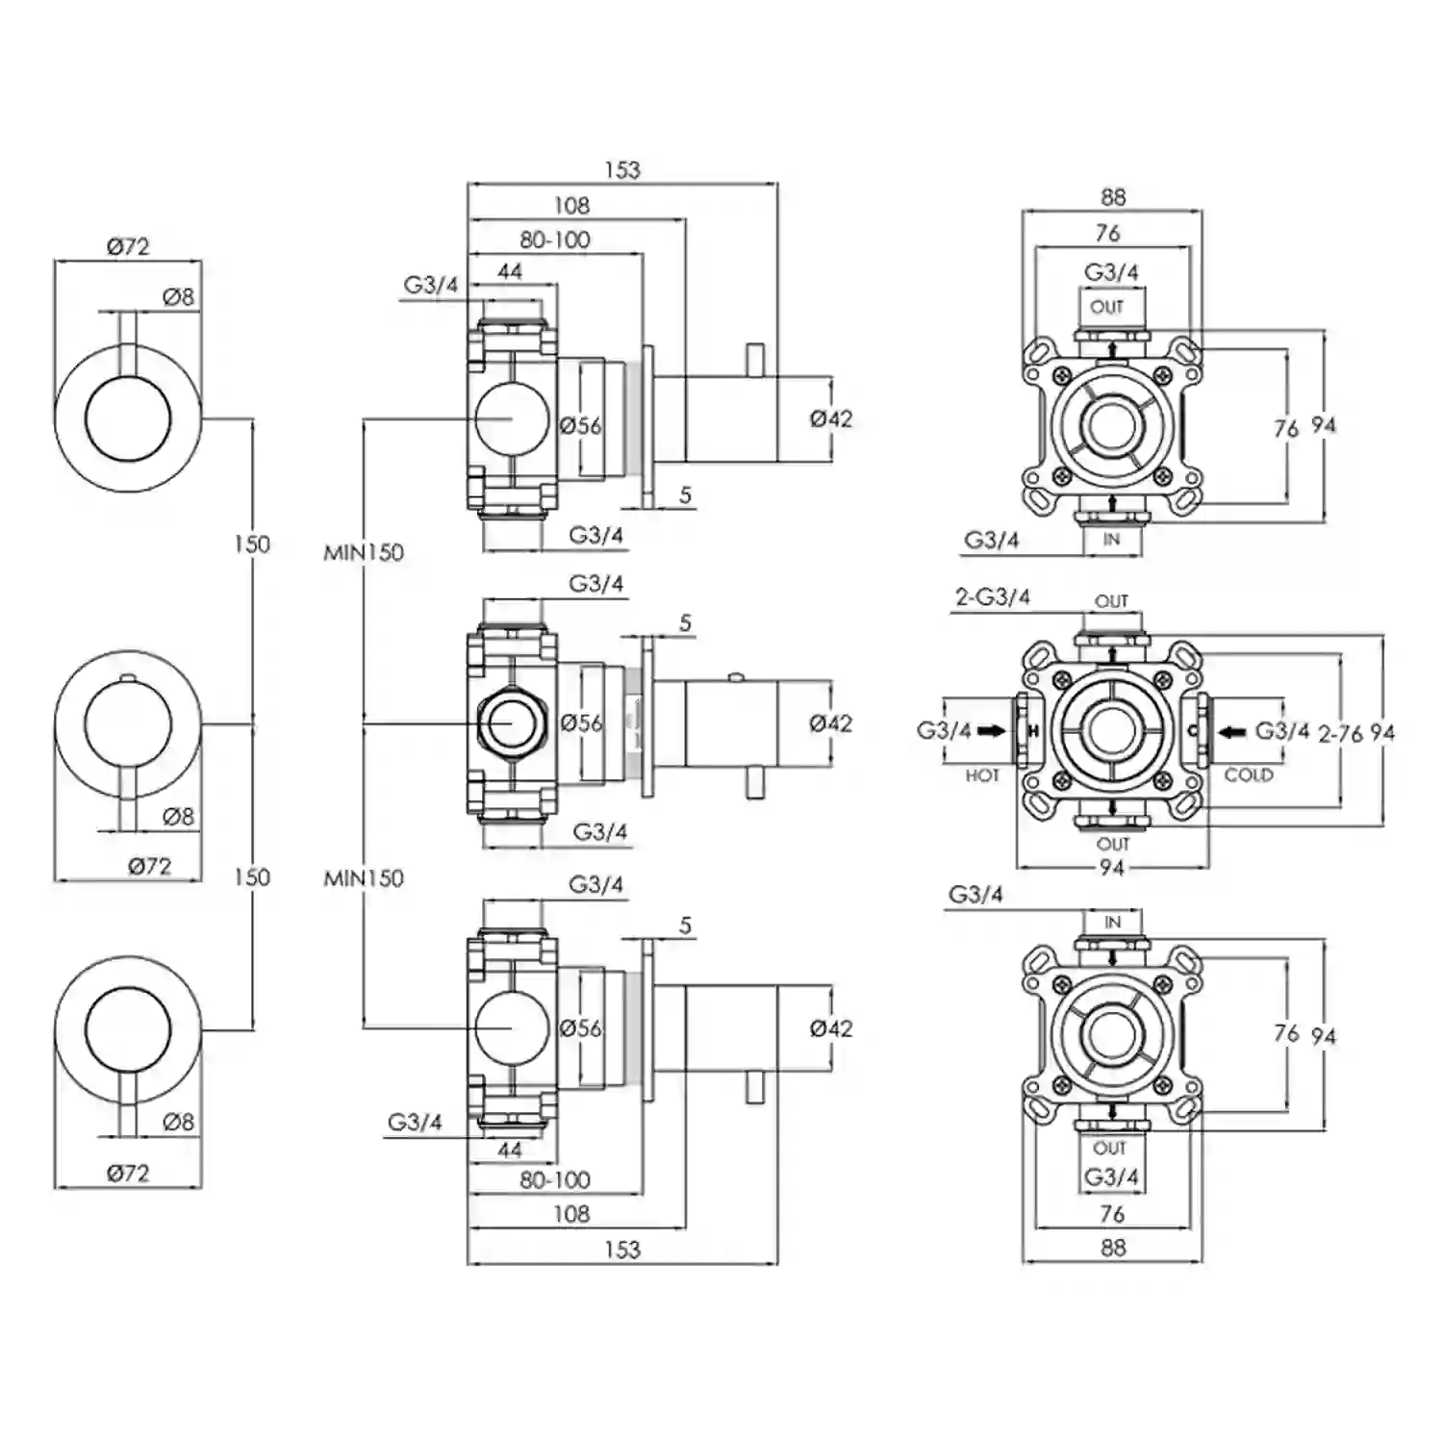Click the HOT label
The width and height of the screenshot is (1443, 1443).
tap(982, 775)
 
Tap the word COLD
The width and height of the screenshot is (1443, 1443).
tap(1249, 774)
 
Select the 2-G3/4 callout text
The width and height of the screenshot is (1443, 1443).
tap(992, 597)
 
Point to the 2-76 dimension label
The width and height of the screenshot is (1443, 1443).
tap(1340, 734)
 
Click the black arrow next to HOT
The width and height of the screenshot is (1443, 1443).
tap(992, 731)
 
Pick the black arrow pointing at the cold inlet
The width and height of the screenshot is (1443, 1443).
tap(1232, 732)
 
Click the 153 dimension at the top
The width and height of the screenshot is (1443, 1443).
tap(622, 170)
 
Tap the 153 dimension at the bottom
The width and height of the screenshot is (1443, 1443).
tap(622, 1250)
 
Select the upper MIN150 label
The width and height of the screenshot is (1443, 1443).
tap(364, 552)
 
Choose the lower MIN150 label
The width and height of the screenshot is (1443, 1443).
tap(364, 877)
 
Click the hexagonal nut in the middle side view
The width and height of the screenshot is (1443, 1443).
tap(513, 723)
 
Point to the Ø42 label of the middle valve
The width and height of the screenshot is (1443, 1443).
tap(831, 723)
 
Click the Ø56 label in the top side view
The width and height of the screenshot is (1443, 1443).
tap(581, 424)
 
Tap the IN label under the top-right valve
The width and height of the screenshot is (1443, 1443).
tap(1112, 540)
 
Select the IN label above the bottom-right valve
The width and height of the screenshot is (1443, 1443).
tap(1113, 922)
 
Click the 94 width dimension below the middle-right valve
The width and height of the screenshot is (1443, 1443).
tap(1112, 868)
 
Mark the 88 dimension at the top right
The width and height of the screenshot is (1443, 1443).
tap(1113, 197)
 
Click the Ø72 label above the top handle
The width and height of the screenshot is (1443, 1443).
tap(128, 246)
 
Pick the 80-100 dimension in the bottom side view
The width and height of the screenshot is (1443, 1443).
tap(555, 1179)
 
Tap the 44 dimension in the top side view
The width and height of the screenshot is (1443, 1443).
tap(510, 272)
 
